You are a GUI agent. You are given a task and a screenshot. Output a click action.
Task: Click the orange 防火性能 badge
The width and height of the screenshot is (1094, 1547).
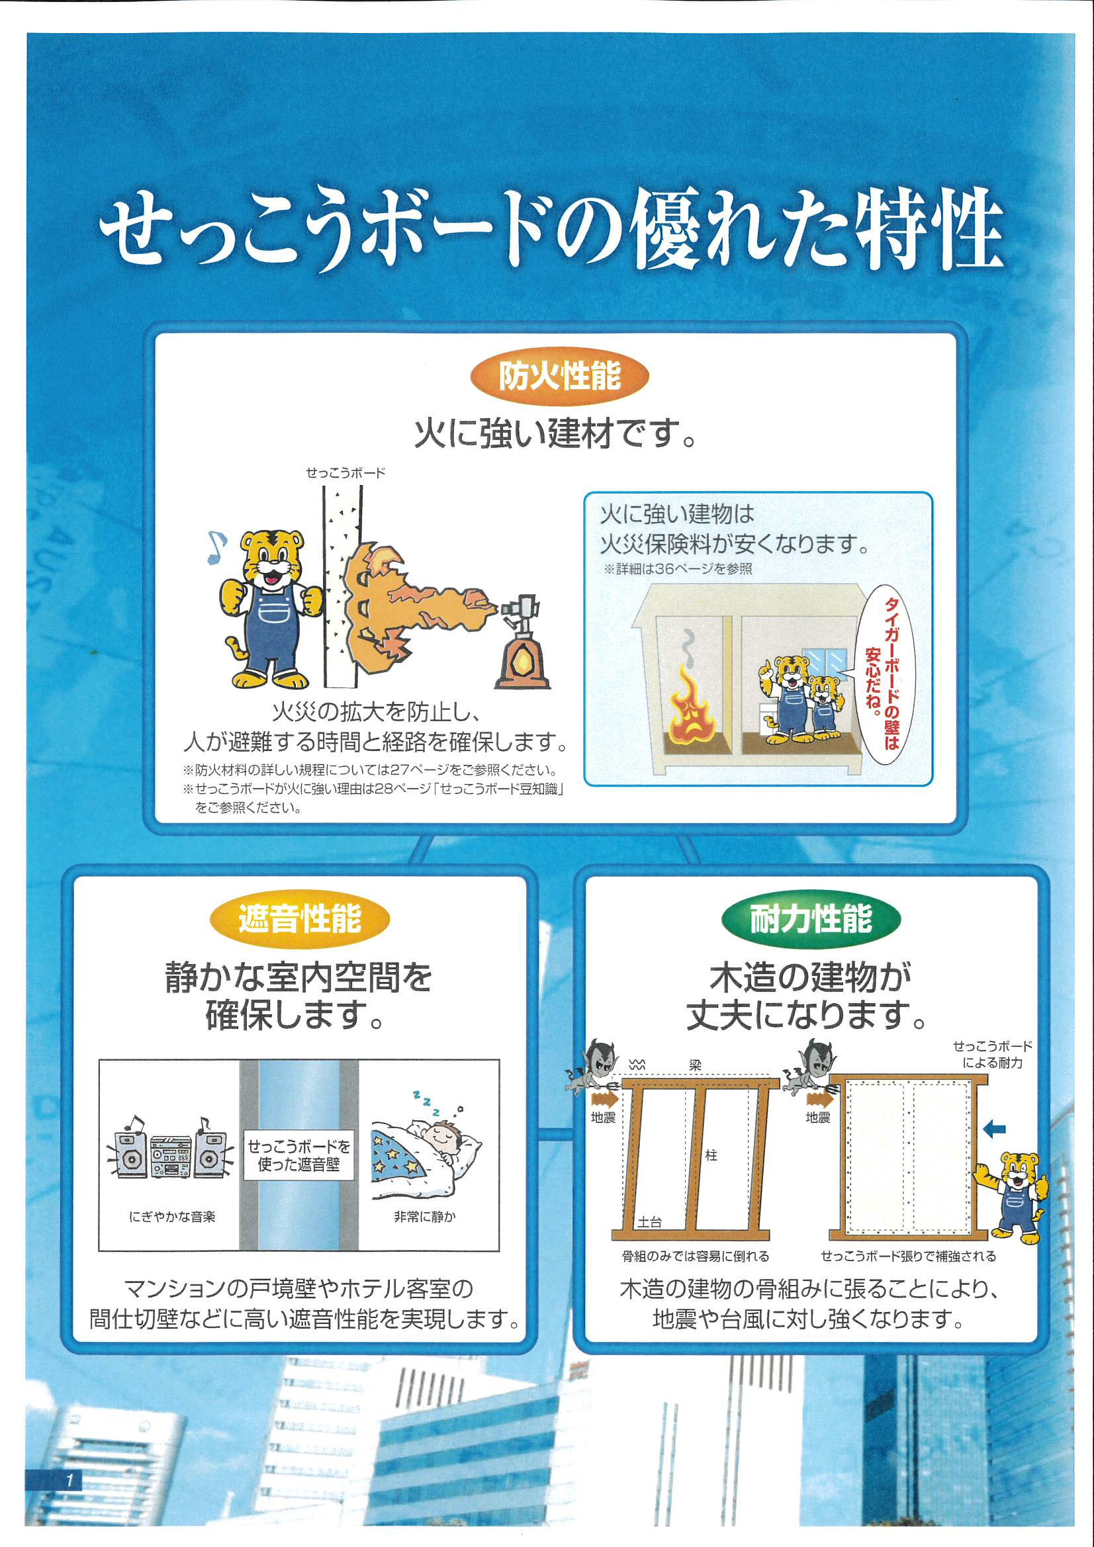click(559, 376)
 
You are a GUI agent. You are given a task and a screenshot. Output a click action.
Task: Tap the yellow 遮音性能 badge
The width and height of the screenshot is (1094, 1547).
click(300, 919)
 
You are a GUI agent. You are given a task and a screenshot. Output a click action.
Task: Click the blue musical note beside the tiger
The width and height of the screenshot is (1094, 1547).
click(216, 547)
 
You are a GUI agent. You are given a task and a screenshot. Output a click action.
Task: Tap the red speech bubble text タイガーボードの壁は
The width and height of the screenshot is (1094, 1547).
click(891, 674)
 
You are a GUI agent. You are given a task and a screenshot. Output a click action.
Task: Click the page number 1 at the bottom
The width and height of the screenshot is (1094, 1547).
click(69, 1480)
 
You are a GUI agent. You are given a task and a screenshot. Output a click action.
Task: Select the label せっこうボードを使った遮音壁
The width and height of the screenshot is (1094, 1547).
click(298, 1155)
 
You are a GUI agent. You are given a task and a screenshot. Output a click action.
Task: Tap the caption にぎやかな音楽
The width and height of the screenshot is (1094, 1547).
click(172, 1216)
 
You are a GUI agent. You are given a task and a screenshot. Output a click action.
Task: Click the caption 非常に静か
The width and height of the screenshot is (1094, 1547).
click(425, 1216)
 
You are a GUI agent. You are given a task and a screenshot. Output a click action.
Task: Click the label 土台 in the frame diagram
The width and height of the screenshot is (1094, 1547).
click(650, 1221)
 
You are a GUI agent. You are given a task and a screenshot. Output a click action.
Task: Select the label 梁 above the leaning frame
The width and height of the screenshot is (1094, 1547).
click(696, 1065)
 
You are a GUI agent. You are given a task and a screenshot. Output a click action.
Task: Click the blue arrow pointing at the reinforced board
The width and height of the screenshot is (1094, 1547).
click(994, 1129)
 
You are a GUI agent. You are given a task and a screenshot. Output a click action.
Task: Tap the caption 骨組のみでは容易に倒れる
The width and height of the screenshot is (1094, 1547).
click(695, 1256)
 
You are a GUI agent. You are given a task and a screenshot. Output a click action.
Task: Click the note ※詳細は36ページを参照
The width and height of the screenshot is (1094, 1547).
click(678, 568)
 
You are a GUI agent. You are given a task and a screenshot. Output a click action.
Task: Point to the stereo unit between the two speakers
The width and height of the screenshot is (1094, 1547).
click(171, 1156)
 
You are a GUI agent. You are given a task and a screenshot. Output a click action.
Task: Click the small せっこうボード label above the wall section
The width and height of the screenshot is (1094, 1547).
click(345, 472)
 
